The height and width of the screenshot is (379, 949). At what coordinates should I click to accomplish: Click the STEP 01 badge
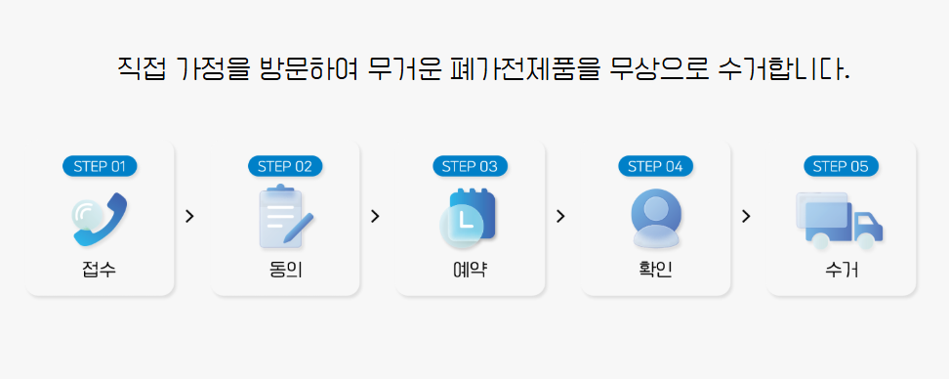click(100, 166)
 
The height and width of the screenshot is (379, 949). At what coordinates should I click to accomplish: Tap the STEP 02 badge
click(285, 166)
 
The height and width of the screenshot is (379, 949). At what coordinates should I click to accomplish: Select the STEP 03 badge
click(471, 166)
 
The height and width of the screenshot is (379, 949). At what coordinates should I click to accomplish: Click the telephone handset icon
click(100, 219)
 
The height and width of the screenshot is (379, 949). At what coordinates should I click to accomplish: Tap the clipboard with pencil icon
click(285, 217)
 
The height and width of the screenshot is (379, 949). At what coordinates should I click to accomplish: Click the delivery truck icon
click(840, 219)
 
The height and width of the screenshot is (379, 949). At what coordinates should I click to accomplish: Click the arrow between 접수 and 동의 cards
click(189, 216)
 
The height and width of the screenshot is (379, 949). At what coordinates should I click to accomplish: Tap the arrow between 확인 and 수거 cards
click(746, 216)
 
